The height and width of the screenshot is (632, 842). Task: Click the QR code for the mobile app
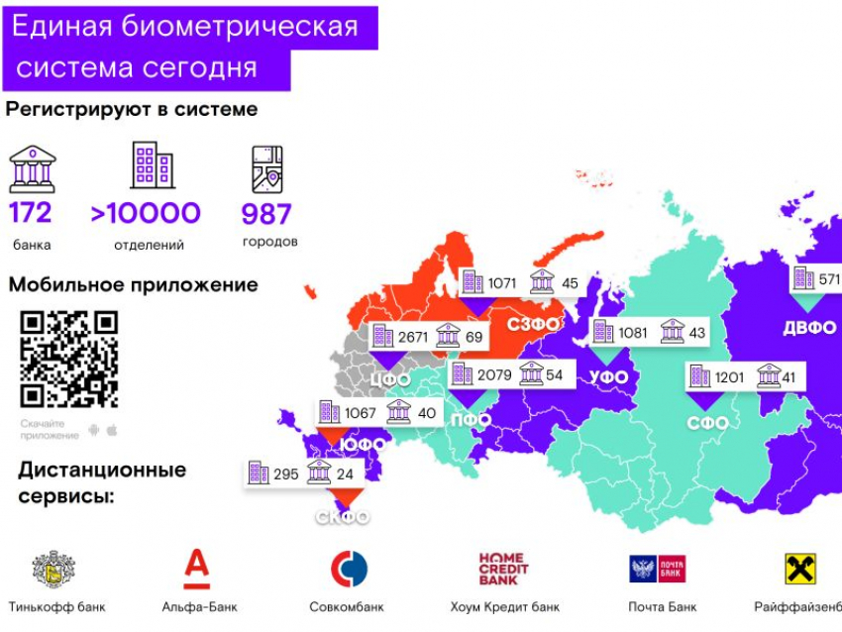tap(69, 360)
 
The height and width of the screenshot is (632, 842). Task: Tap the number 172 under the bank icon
tap(31, 213)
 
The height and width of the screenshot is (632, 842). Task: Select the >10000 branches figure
tap(146, 213)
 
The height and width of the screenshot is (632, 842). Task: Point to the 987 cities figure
tap(266, 213)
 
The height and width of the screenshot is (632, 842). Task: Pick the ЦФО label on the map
tap(390, 377)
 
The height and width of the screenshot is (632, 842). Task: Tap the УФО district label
tap(608, 377)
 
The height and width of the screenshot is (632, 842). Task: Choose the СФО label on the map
tap(708, 423)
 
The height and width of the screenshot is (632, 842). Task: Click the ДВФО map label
tap(808, 328)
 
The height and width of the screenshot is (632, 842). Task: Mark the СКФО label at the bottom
tap(343, 517)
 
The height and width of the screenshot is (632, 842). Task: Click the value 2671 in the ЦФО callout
tap(412, 338)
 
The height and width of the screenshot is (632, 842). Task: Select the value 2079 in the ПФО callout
tap(494, 374)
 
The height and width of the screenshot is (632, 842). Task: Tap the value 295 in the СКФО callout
tap(285, 474)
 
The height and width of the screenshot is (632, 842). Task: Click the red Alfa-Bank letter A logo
tap(197, 569)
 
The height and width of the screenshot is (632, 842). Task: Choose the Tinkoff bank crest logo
tap(53, 570)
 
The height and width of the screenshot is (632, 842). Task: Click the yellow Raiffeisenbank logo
tap(800, 569)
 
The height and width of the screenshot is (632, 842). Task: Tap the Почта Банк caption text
tap(663, 606)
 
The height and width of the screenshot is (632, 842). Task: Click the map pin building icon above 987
tap(267, 169)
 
